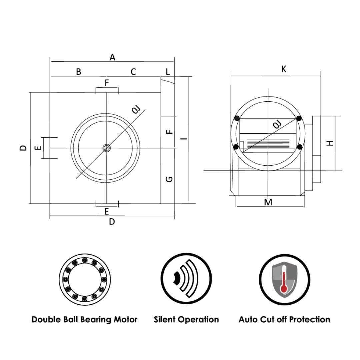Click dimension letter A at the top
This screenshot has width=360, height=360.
pos(112,57)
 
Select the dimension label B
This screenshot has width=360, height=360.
pos(79,72)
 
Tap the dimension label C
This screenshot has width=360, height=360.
pos(133,72)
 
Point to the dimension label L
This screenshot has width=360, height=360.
pos(168,72)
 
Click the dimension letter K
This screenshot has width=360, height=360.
pos(284,69)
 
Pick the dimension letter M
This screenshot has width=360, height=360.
pos(268,202)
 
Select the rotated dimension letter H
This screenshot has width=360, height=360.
pos(330,143)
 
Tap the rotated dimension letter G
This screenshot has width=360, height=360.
pos(169,179)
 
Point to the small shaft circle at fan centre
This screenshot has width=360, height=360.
pos(106,148)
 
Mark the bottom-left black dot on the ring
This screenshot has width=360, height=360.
pos(236,147)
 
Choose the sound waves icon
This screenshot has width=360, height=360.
pos(186,279)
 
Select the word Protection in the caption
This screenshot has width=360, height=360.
pos(310,319)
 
